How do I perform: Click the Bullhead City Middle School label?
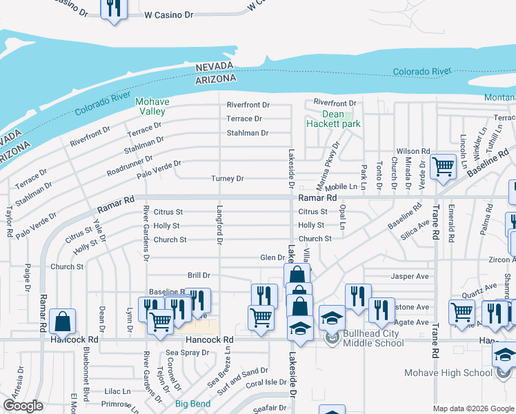coord(373,338)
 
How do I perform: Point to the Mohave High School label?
coord(448,373)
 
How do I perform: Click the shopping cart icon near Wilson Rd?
coord(442,166)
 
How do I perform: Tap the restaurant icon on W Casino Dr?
coord(112,8)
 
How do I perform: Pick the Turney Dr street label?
coord(228,179)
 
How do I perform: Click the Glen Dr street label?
coord(272,257)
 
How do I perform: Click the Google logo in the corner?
coord(23,406)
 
